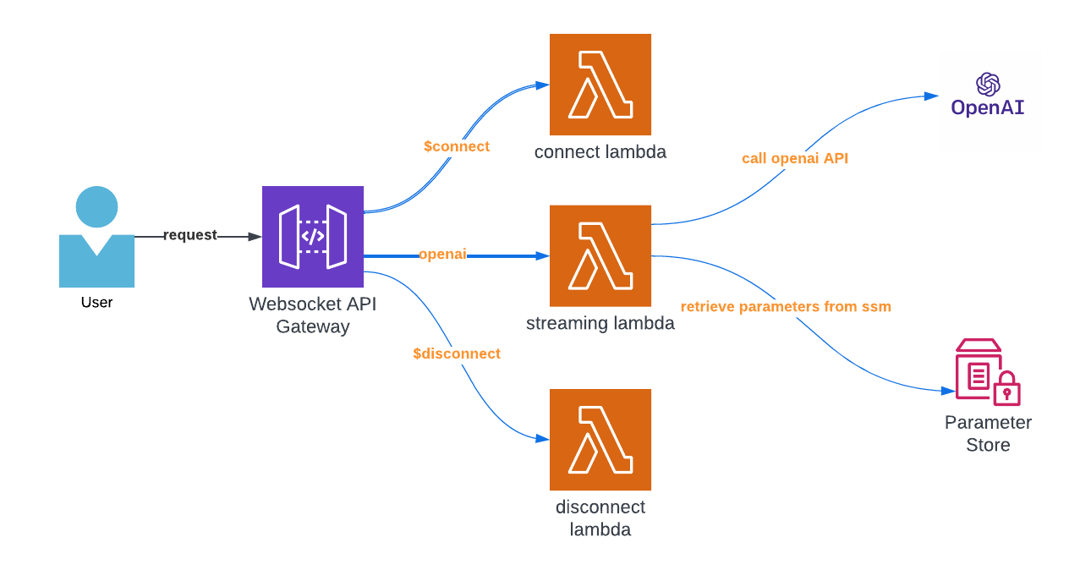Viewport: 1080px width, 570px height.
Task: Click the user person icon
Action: point(96,238)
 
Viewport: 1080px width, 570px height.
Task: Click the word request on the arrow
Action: point(189,235)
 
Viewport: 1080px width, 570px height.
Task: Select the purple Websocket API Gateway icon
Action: point(313,237)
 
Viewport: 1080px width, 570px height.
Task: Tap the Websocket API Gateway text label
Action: point(312,315)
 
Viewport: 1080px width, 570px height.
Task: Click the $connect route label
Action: point(457,146)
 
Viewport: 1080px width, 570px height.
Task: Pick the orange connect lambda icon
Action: point(600,85)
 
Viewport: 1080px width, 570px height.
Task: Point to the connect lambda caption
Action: point(600,152)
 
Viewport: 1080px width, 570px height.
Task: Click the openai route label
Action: point(442,255)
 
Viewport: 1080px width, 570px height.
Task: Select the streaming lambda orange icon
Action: point(600,255)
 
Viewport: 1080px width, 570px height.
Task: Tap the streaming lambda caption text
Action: point(600,323)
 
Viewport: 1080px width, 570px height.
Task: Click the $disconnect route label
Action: point(457,354)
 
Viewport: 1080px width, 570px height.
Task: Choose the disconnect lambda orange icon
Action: point(600,440)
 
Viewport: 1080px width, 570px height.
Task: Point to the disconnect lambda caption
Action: point(600,518)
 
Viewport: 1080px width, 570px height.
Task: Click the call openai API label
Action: point(795,158)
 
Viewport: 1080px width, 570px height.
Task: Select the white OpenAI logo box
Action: point(990,101)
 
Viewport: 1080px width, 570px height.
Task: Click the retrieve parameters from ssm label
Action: point(786,306)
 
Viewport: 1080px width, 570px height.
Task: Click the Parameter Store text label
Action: point(988,433)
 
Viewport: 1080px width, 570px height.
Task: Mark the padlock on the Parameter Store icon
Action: point(1006,391)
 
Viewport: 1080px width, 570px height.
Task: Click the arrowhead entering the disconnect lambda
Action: point(544,439)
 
